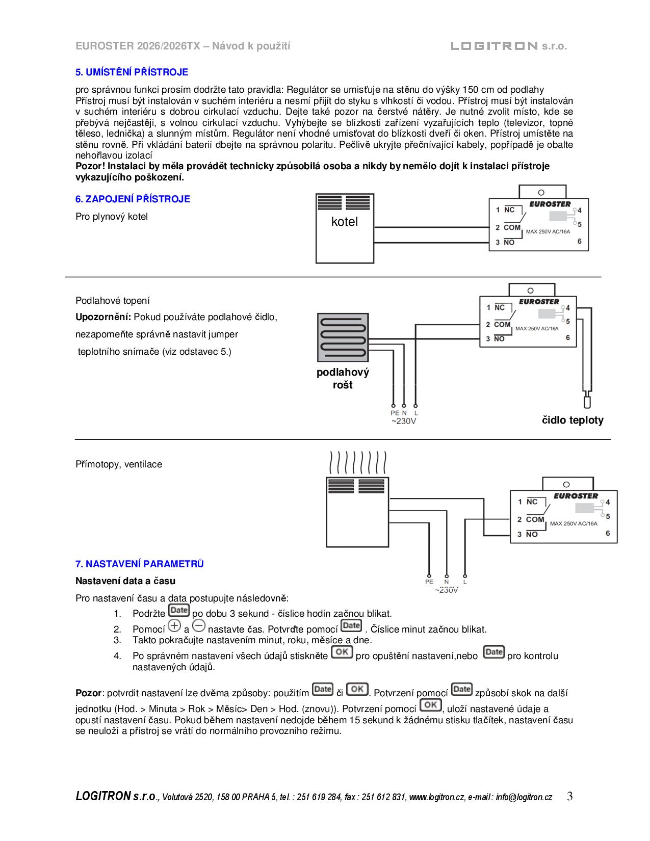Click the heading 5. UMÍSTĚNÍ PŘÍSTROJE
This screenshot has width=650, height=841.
tap(132, 72)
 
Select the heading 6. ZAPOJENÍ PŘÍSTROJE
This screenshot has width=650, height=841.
tap(133, 199)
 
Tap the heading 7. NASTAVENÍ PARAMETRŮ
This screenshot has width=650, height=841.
tap(140, 564)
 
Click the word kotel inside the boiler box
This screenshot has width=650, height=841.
tap(345, 222)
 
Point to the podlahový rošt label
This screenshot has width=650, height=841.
tap(343, 379)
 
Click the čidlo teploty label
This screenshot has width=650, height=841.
tap(572, 420)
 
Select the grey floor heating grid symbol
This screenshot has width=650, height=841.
tap(343, 336)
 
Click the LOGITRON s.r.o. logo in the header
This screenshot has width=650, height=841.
tap(508, 46)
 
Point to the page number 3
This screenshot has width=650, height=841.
tap(569, 796)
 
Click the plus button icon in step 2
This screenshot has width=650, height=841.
tap(174, 626)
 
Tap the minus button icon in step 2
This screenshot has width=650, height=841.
tap(199, 626)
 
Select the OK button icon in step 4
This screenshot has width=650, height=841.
tap(342, 652)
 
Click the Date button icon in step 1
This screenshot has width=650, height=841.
tap(178, 611)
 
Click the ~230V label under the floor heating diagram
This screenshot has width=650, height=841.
tap(404, 422)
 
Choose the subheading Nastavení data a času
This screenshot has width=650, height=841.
tap(125, 581)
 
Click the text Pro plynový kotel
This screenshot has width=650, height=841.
tap(112, 217)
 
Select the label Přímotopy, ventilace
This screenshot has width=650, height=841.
tap(119, 464)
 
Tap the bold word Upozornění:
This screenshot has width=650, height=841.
tap(103, 317)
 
